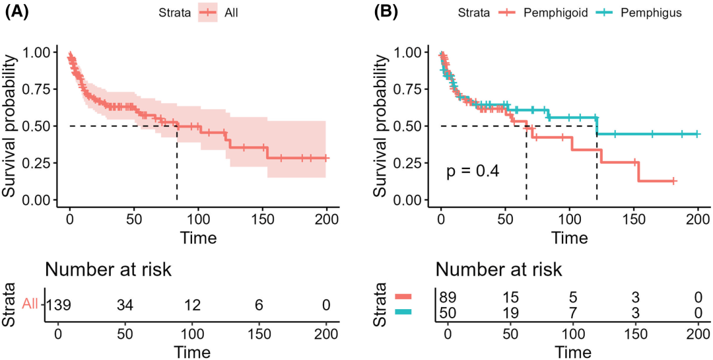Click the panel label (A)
(17, 11)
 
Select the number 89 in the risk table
(448, 297)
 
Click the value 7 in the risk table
(573, 312)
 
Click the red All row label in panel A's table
(30, 305)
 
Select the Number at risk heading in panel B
(498, 269)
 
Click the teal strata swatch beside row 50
(403, 312)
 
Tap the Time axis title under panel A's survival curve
(198, 236)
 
